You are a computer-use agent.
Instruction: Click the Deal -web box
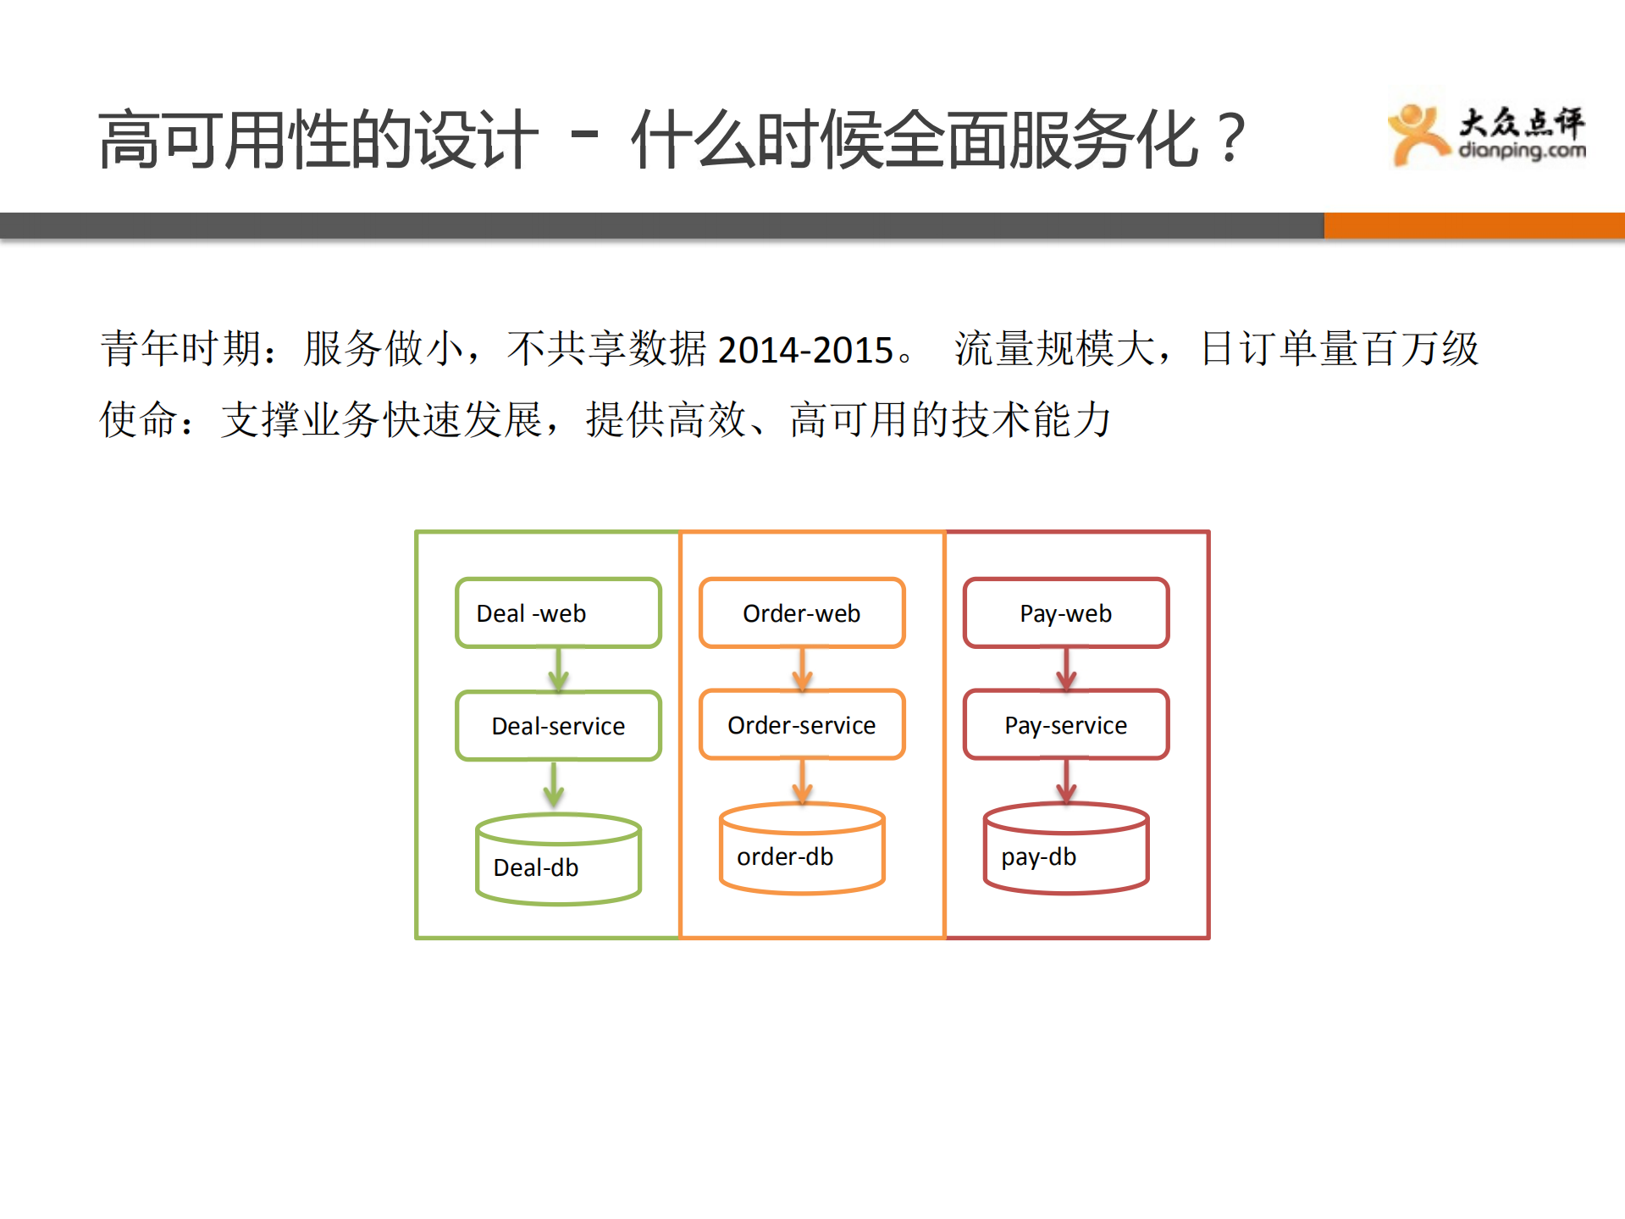(x=558, y=613)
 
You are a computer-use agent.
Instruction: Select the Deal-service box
(x=558, y=726)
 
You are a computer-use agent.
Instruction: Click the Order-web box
(x=802, y=613)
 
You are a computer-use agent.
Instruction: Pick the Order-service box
(x=802, y=725)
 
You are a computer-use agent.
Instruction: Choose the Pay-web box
(x=1066, y=613)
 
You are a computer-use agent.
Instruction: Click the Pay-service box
(x=1066, y=725)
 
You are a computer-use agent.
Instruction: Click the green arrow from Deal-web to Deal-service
(x=558, y=670)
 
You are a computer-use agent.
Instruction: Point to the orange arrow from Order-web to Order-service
(x=803, y=669)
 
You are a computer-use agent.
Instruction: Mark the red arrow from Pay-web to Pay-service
(x=1066, y=669)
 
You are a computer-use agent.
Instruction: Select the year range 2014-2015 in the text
(x=805, y=350)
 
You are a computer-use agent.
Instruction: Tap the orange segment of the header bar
(x=1473, y=225)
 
